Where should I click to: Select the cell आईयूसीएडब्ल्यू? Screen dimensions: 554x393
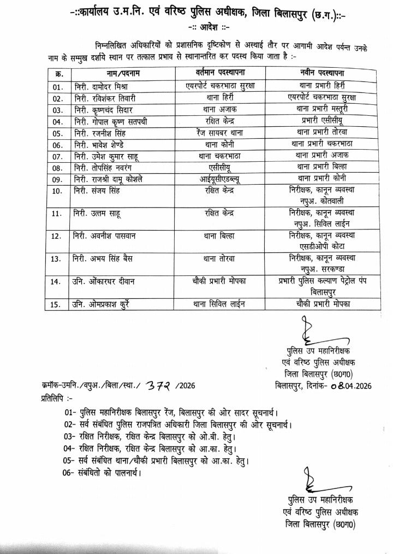pyautogui.click(x=223, y=178)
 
